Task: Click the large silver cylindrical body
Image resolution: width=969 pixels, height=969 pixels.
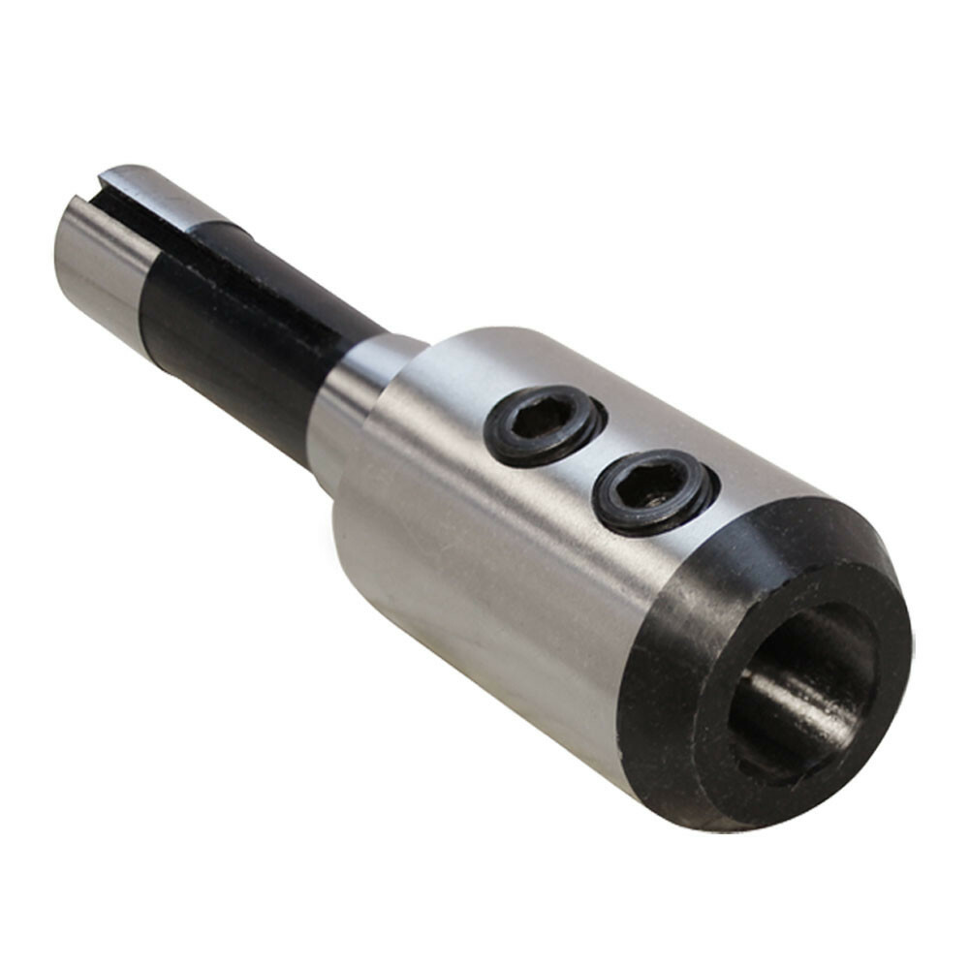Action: pos(484,543)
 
